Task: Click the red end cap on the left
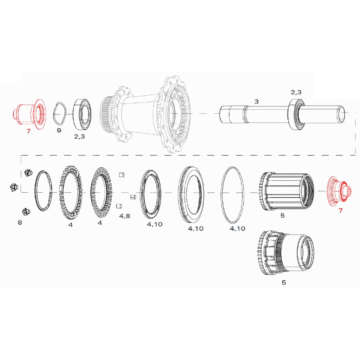tap(29, 114)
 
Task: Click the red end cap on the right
tap(337, 191)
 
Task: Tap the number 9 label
tap(59, 130)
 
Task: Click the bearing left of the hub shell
tap(82, 114)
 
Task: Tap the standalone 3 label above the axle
tap(256, 102)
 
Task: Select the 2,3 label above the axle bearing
tap(296, 92)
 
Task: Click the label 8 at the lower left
tap(20, 222)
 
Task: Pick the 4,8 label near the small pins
tap(124, 216)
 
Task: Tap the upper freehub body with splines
tap(285, 191)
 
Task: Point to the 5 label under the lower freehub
tap(284, 283)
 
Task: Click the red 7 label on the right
tap(340, 211)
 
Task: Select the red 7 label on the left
tap(28, 131)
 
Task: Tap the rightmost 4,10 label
tap(237, 229)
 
